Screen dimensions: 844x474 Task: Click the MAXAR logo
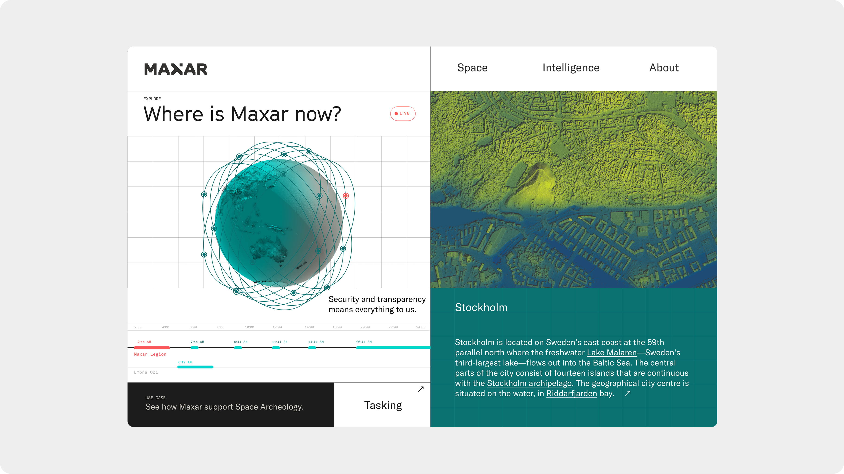click(176, 69)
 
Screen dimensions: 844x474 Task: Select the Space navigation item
click(472, 68)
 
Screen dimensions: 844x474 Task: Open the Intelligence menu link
click(571, 68)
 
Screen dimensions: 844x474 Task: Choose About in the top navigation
click(664, 68)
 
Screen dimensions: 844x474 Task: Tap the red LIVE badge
click(403, 114)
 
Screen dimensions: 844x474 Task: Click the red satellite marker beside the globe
click(346, 196)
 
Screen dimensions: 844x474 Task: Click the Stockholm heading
click(481, 307)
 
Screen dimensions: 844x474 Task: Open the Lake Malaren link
click(611, 353)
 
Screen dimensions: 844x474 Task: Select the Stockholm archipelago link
click(529, 383)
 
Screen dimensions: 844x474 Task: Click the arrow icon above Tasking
click(421, 389)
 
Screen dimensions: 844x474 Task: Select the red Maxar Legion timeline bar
click(152, 347)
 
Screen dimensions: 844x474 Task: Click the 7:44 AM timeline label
click(197, 342)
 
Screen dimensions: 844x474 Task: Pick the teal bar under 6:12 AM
click(195, 367)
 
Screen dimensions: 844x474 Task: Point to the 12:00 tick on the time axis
click(277, 327)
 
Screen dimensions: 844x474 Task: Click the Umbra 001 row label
click(146, 372)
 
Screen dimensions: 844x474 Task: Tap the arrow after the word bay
click(627, 393)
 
